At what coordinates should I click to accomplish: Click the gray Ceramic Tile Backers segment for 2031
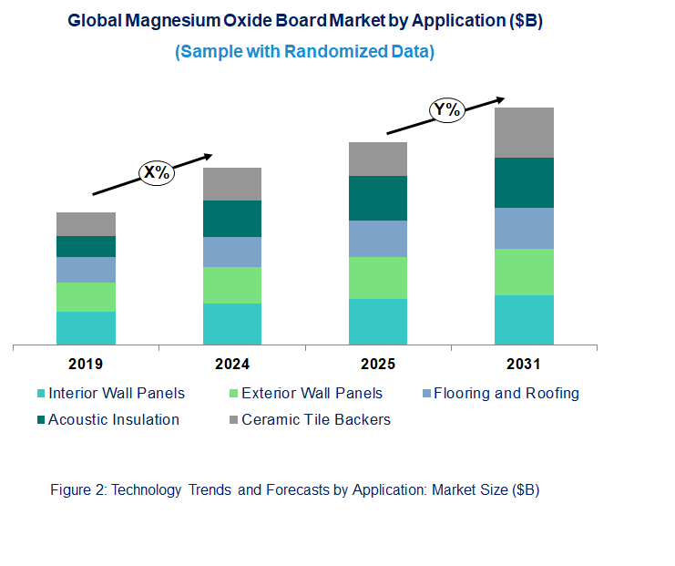pos(524,132)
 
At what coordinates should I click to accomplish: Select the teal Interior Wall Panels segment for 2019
pos(86,328)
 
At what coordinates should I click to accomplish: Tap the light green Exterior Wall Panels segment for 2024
pos(232,285)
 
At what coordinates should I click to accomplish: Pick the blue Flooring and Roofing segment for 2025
pos(378,239)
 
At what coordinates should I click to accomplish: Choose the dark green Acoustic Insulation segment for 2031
pos(524,182)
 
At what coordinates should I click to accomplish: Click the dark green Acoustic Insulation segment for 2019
pos(86,246)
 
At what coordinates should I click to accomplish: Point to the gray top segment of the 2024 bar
pos(232,184)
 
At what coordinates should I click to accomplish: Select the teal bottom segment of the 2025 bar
pos(378,322)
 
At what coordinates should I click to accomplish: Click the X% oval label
pos(156,171)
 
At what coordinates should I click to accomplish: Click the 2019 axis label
pos(86,365)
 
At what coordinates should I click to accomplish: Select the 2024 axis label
pos(232,365)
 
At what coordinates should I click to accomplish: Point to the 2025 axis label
pos(378,365)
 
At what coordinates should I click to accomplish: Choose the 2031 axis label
pos(524,365)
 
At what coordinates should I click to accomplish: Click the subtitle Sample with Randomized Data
pos(304,52)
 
